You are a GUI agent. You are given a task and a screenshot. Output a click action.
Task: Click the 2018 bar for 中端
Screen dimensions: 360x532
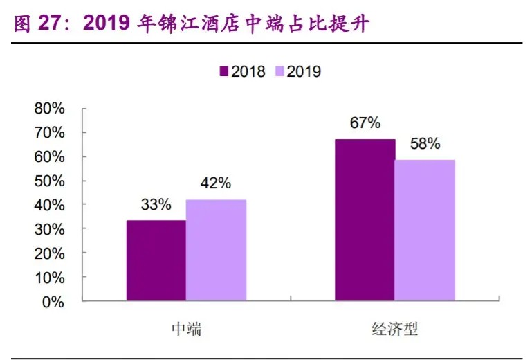pos(156,260)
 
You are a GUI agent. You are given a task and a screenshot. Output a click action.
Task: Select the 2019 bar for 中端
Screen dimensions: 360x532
pos(216,250)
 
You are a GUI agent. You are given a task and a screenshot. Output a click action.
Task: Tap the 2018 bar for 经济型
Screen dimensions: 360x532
pos(365,220)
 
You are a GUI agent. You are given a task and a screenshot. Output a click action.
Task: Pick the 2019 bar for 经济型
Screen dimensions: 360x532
pos(425,231)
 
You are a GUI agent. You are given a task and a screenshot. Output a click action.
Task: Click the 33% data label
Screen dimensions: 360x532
pos(156,205)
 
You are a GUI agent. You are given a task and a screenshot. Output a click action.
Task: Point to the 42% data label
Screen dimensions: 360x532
pos(216,183)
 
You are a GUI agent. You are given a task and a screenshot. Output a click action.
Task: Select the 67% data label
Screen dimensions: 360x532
pos(365,123)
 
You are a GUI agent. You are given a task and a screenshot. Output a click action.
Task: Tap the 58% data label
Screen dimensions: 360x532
pos(425,144)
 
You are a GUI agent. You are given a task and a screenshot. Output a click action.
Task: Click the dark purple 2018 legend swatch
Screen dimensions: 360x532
pos(224,71)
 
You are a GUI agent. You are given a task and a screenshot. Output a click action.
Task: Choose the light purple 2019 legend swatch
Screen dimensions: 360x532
pos(280,71)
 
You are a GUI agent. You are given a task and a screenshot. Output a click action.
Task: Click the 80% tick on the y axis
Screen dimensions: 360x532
pos(50,109)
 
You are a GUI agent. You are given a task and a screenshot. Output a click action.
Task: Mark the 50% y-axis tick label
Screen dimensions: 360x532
pos(50,181)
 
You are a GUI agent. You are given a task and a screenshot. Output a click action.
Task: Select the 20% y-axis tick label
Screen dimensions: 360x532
pos(50,253)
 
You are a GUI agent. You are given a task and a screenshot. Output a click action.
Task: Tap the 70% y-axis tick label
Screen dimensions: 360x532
pos(50,133)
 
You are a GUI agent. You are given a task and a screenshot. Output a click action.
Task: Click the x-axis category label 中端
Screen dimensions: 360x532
pos(186,329)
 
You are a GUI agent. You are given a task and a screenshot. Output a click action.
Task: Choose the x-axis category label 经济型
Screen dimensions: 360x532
pos(395,329)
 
